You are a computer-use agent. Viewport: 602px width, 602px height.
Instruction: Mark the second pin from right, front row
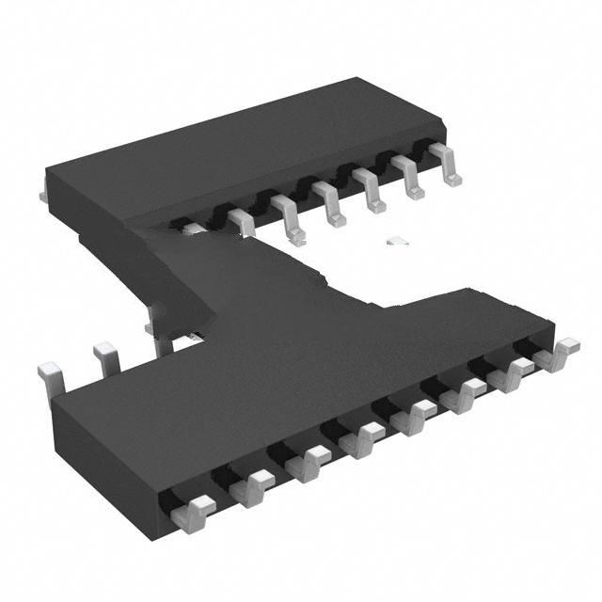click(516, 373)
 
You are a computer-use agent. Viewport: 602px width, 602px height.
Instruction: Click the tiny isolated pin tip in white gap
click(397, 241)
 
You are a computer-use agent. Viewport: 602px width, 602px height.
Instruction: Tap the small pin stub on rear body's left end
click(43, 196)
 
